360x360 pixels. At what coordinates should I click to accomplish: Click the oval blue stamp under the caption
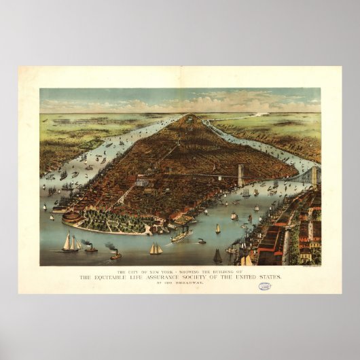tap(264, 286)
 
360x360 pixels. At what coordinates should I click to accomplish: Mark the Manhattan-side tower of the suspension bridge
tap(240, 174)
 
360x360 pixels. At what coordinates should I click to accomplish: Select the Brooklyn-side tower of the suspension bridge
tap(314, 177)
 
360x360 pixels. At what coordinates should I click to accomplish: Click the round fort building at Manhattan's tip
tap(71, 217)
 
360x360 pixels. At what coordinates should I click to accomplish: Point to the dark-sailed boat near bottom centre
tap(217, 256)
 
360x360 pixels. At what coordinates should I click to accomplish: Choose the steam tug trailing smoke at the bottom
tap(115, 255)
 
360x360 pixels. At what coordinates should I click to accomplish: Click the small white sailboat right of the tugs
tap(156, 249)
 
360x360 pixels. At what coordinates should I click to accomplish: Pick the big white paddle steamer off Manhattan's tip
tap(181, 235)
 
